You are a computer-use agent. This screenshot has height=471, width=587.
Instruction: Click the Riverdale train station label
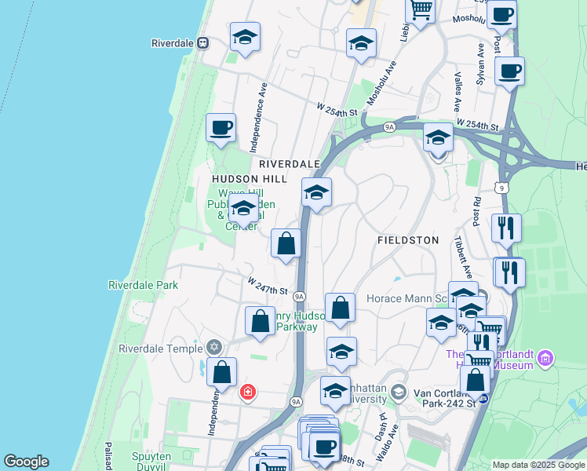[x=173, y=42]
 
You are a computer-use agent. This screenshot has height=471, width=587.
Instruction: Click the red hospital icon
[x=248, y=392]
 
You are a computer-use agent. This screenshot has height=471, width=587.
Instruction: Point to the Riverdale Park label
[x=143, y=285]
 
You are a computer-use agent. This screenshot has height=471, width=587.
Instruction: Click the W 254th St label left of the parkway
[x=337, y=109]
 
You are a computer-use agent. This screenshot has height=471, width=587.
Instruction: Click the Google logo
[x=26, y=462]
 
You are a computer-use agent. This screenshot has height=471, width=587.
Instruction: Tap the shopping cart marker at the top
[x=421, y=10]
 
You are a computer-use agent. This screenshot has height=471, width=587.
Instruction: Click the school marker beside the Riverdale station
[x=245, y=37]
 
